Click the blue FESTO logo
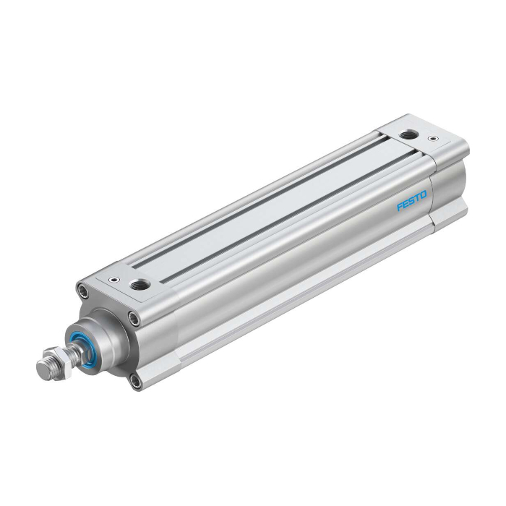pos(412,201)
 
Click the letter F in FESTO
pos(399,207)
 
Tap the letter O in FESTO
pos(424,194)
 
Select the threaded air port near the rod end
pos(139,285)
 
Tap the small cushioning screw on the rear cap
pos(432,139)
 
